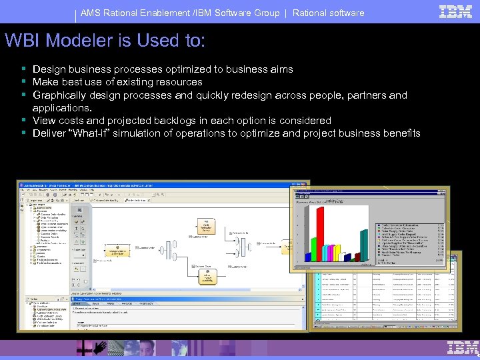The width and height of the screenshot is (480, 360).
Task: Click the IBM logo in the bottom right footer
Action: point(463,347)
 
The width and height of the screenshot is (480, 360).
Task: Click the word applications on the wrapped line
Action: point(61,108)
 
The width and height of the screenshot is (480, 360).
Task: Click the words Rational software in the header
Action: point(329,13)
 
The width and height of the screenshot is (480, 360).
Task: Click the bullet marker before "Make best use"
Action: point(23,82)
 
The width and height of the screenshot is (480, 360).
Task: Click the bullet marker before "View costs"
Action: point(23,121)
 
